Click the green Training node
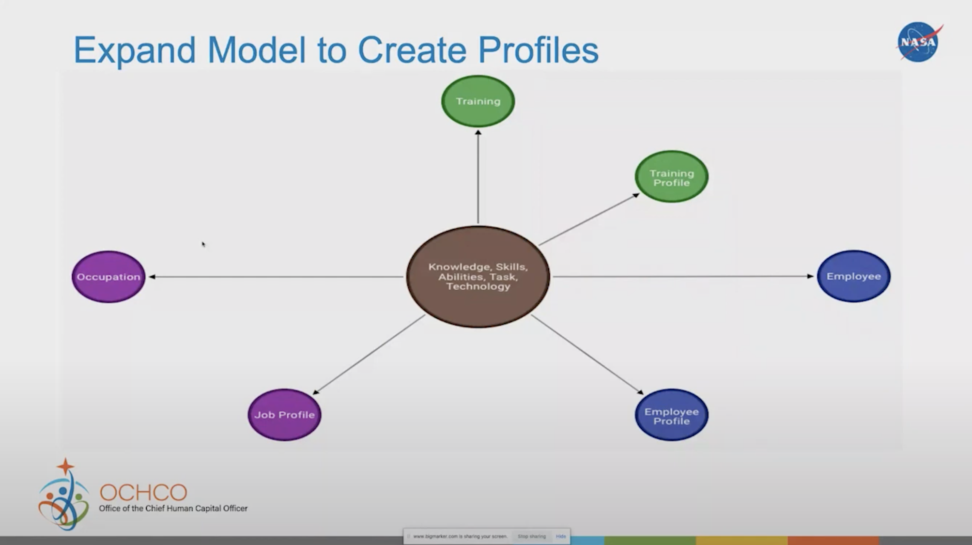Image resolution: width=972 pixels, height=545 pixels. pos(478,101)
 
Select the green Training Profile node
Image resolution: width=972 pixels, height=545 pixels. pos(671,177)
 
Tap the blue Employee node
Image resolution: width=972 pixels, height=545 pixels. pos(853,276)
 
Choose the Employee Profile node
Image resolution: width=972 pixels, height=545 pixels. pos(671,415)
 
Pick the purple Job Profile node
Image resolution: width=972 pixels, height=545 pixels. pos(284,415)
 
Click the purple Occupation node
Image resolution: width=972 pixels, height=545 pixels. pos(108,277)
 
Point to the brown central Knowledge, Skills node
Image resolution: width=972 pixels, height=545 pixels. pos(478,277)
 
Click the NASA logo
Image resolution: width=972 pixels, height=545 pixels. pos(919,42)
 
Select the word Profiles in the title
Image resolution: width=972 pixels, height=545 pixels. pos(538,50)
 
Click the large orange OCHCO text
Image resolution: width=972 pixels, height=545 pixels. pos(143,493)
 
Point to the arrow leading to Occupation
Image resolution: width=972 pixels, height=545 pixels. pos(276,277)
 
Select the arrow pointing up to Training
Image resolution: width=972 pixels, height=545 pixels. pos(478,177)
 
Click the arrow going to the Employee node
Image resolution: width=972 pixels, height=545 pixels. pos(683,277)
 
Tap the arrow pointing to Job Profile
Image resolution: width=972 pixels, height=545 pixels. pos(369,355)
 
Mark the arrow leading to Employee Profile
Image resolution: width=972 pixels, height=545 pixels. pos(587,355)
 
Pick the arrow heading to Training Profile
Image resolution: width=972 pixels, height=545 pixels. pos(589,219)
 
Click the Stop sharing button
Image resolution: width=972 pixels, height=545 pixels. pos(531,536)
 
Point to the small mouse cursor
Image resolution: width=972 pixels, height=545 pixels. pos(203,244)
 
